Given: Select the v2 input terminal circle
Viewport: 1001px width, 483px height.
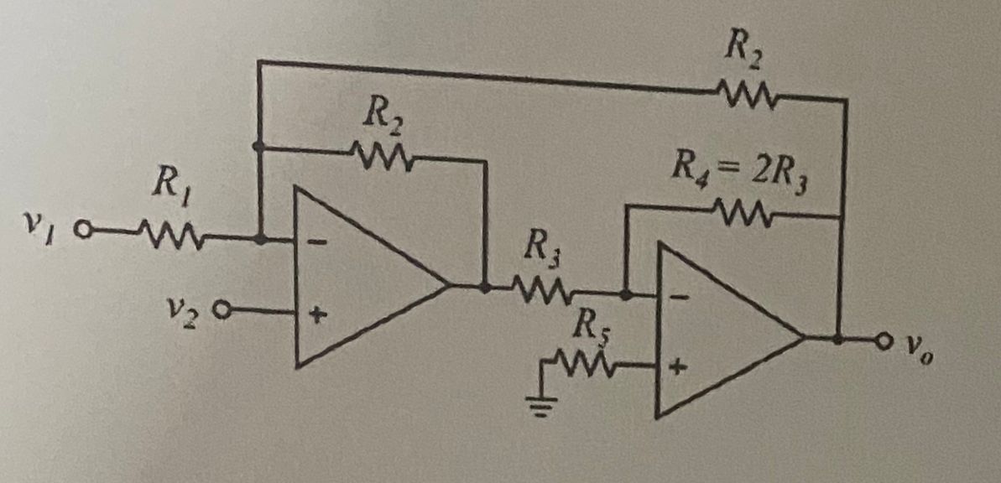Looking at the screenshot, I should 222,310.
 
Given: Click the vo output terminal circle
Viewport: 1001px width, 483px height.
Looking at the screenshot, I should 884,340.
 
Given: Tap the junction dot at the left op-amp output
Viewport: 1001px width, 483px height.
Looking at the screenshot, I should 485,286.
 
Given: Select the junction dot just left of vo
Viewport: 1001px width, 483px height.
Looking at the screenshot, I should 839,339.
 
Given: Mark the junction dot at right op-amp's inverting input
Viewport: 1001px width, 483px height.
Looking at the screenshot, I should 626,294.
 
